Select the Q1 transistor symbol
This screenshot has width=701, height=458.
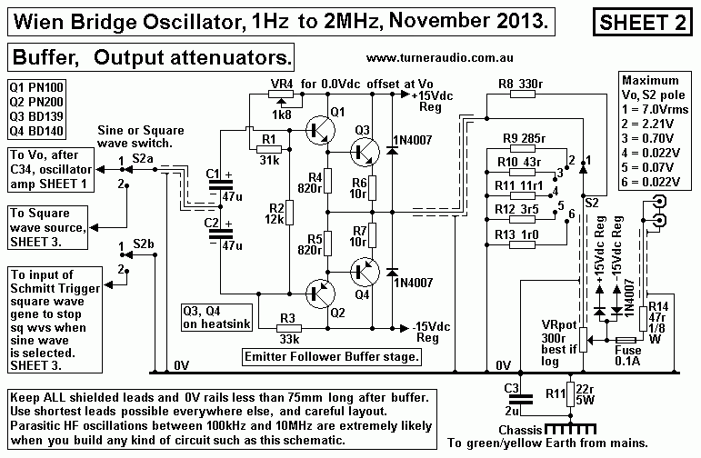315,129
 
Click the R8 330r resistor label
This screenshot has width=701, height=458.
518,85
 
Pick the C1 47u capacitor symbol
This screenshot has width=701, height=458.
216,183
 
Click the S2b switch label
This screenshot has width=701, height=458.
144,244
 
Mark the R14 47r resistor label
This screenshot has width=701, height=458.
657,314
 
